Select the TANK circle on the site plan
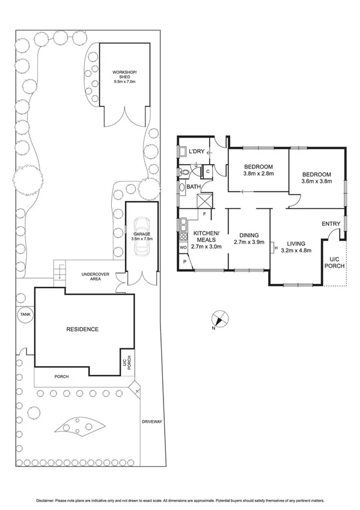click(x=25, y=314)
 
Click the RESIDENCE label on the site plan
click(x=82, y=329)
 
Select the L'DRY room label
click(x=197, y=152)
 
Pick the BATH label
click(x=194, y=187)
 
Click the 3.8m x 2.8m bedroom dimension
click(x=258, y=174)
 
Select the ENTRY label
click(x=331, y=224)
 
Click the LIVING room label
click(x=296, y=243)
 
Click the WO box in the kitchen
click(x=183, y=247)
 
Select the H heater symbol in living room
click(x=273, y=246)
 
